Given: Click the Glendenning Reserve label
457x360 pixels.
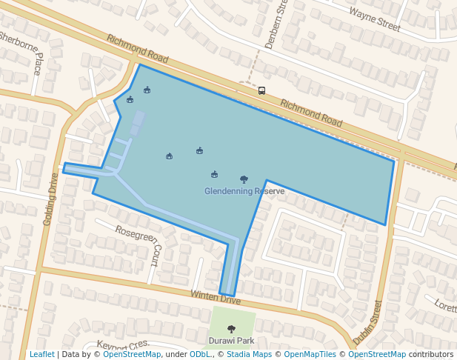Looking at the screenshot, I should [x=244, y=191].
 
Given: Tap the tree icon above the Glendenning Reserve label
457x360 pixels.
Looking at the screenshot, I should [x=244, y=179].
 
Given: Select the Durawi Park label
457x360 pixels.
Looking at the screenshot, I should [x=231, y=341].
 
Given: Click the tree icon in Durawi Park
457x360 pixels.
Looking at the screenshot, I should [x=231, y=328].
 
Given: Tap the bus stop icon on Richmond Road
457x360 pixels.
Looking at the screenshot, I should [x=261, y=91].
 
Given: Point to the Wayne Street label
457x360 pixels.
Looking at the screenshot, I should [x=374, y=19].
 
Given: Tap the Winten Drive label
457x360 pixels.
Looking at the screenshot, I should [x=216, y=297].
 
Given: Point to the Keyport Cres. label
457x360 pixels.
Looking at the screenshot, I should [x=124, y=344].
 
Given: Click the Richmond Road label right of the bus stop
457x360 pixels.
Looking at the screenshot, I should [x=311, y=114].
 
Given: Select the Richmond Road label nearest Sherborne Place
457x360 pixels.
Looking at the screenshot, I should [x=137, y=50].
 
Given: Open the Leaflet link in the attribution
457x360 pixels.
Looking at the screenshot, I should [x=41, y=354].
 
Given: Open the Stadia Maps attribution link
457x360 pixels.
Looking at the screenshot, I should [x=249, y=354].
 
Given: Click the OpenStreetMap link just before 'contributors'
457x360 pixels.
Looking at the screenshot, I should [x=377, y=354].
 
